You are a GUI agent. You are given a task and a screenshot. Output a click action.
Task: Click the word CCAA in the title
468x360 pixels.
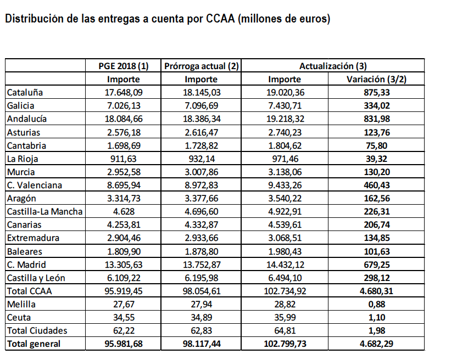[x=220, y=20]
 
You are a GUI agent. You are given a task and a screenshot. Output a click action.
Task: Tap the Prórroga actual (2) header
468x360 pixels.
[x=202, y=66]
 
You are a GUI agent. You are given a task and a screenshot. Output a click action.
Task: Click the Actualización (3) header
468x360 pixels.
[x=333, y=66]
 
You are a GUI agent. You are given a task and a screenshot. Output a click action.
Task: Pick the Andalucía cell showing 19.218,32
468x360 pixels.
[x=284, y=119]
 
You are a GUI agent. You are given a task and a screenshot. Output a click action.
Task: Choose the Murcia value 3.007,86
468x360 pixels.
[x=202, y=172]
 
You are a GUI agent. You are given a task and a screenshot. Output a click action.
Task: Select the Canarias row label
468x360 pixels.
[x=24, y=224]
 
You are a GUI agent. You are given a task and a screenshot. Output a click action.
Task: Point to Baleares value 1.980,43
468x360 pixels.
[x=284, y=251]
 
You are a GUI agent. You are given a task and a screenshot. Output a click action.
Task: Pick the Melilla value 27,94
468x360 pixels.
[x=202, y=304]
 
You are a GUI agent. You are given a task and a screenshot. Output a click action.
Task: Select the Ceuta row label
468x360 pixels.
[x=19, y=317]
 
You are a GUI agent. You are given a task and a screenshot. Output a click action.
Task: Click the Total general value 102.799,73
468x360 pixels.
[x=284, y=344]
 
